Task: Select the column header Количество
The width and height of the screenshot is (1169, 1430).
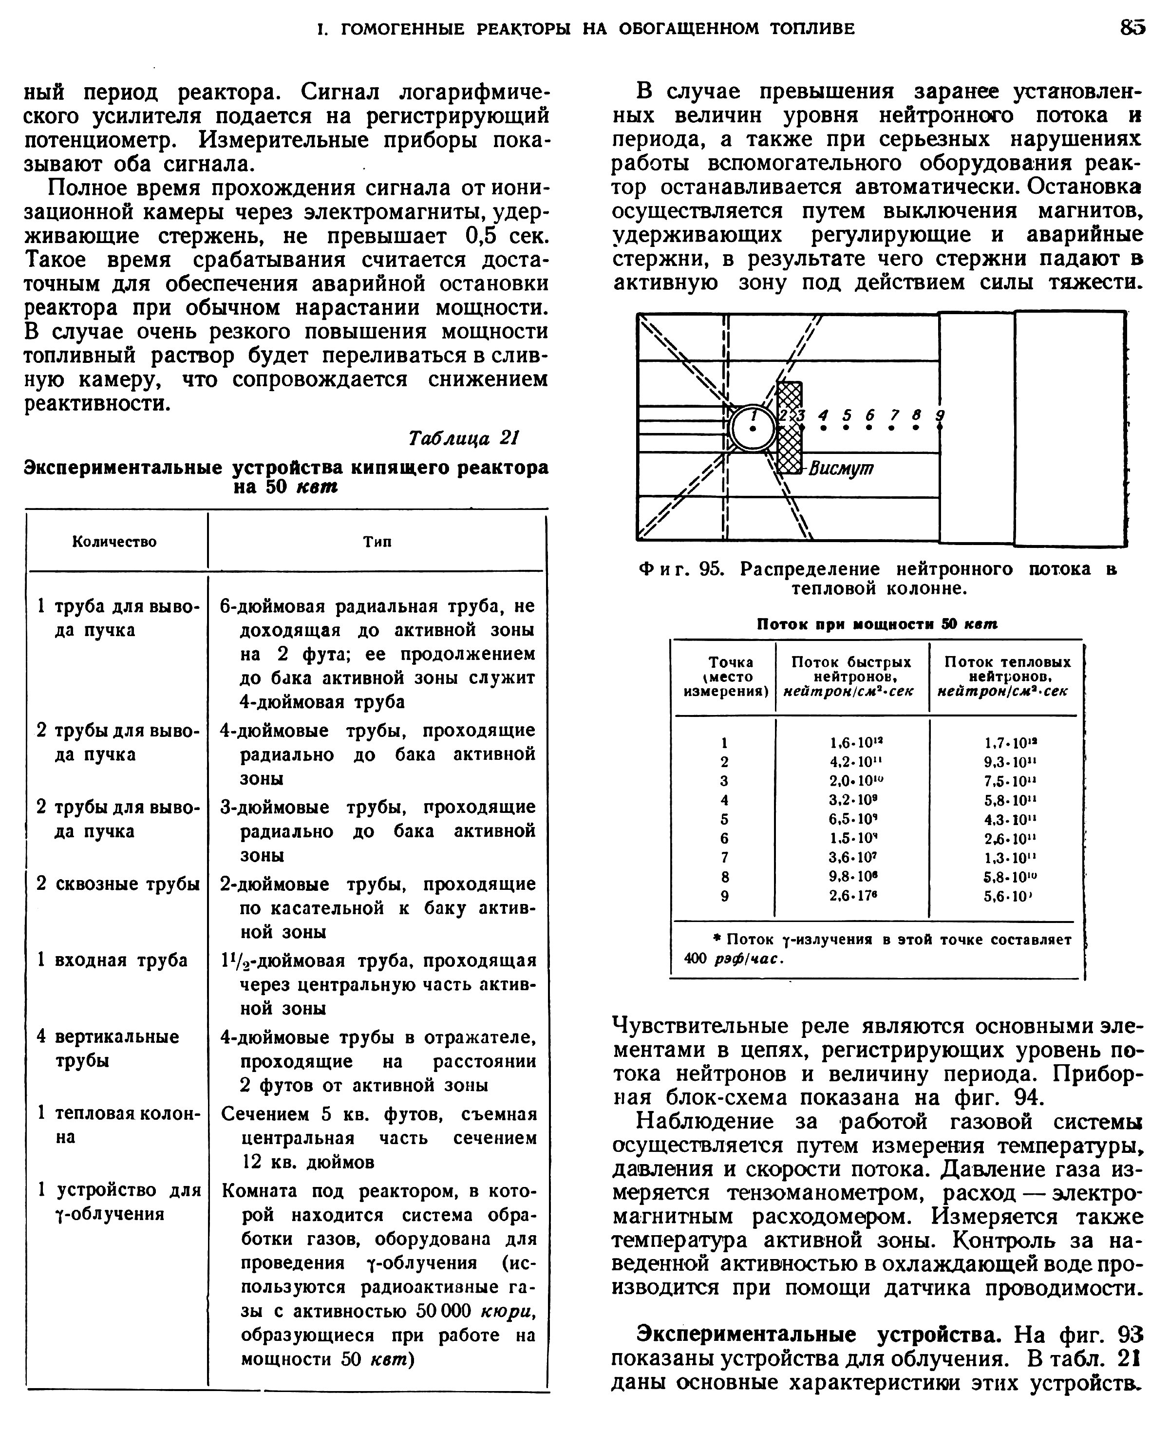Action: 114,542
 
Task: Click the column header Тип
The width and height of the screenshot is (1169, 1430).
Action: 377,542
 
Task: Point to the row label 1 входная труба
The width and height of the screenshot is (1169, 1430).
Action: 112,960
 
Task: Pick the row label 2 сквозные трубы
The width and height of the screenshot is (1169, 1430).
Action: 118,884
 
